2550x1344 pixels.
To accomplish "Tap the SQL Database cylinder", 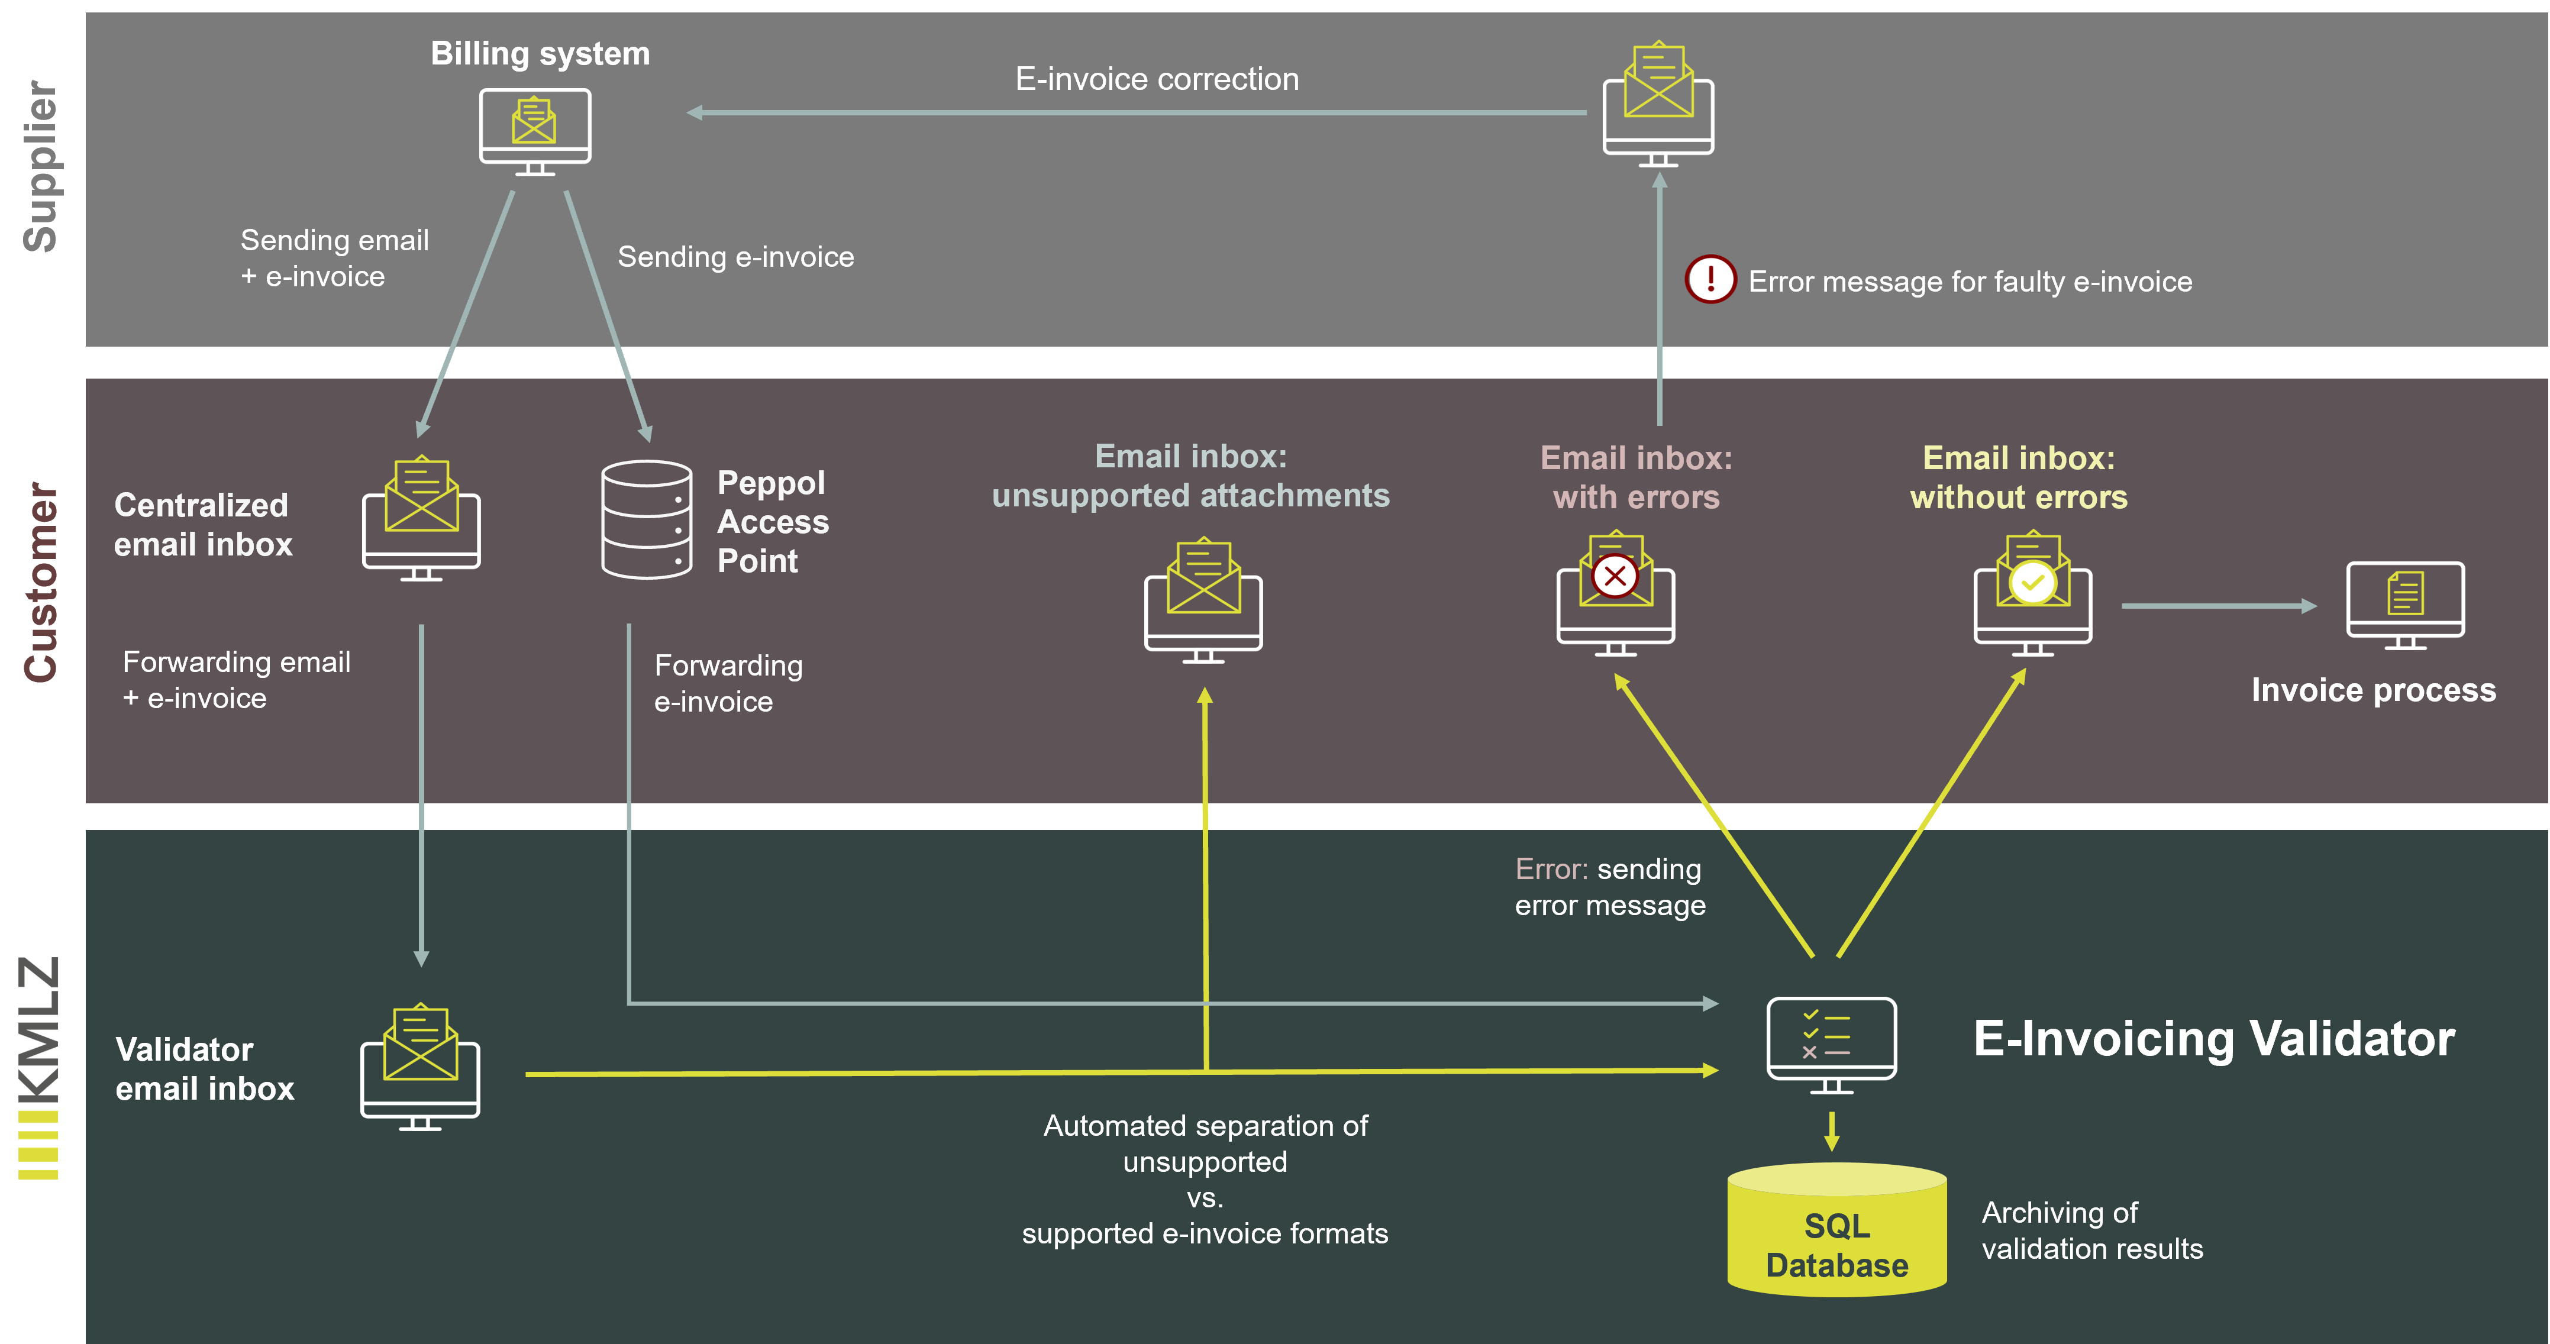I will pyautogui.click(x=1836, y=1230).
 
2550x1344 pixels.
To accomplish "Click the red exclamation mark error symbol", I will pyautogui.click(x=1710, y=280).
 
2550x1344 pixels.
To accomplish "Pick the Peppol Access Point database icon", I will pyautogui.click(x=647, y=519).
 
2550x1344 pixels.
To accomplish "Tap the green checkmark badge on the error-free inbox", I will pyautogui.click(x=2032, y=582).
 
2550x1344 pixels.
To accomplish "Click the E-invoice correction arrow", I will pyautogui.click(x=1138, y=113).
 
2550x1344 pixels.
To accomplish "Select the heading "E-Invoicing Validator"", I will pyautogui.click(x=2213, y=1039).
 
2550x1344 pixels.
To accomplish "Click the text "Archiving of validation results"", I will pyautogui.click(x=2091, y=1230).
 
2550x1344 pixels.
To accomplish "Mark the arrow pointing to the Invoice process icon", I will pyautogui.click(x=2217, y=606).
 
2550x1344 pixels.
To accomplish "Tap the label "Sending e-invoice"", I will pyautogui.click(x=735, y=257).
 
